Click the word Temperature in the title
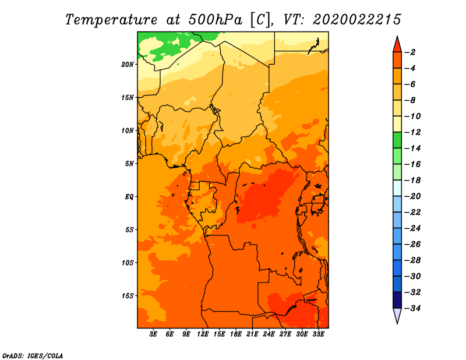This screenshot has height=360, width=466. (x=111, y=20)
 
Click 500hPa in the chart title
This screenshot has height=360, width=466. (x=216, y=20)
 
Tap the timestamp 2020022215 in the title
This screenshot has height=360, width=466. (x=357, y=20)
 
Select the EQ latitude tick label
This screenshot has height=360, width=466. (x=129, y=197)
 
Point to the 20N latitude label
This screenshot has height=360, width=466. (x=128, y=65)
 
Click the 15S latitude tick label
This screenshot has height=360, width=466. (x=128, y=296)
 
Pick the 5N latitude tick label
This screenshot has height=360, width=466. (x=129, y=164)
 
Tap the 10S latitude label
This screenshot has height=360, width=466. (x=128, y=263)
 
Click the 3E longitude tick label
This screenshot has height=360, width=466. (x=153, y=334)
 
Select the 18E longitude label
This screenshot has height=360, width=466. (x=236, y=334)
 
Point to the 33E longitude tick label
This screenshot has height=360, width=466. (x=318, y=334)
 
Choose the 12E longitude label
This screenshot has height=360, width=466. (x=203, y=334)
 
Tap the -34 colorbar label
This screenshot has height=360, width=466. (x=412, y=308)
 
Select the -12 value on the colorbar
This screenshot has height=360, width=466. (x=412, y=132)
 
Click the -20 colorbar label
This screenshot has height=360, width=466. (x=412, y=196)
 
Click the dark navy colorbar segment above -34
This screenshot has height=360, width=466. (x=397, y=300)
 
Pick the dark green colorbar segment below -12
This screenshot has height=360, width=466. (x=397, y=140)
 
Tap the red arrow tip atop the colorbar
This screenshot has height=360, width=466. (x=397, y=36)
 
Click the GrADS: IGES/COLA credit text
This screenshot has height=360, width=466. (x=33, y=356)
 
